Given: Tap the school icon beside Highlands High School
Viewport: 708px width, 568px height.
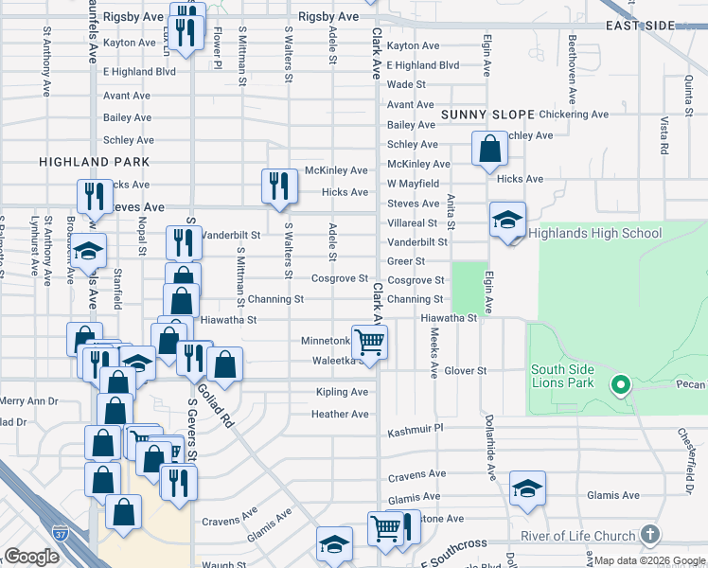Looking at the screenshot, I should pyautogui.click(x=507, y=221).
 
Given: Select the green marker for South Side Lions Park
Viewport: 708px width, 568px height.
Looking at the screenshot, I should pyautogui.click(x=620, y=384).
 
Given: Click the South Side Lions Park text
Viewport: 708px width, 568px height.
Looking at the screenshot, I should pyautogui.click(x=562, y=376).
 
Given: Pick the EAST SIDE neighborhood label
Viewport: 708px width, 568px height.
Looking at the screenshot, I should pyautogui.click(x=667, y=25).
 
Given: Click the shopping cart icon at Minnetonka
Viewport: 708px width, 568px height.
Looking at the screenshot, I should pyautogui.click(x=369, y=341).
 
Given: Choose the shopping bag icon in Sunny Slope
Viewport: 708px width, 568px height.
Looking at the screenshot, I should pyautogui.click(x=489, y=148).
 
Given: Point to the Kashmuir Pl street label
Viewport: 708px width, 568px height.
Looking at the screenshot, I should pyautogui.click(x=415, y=430).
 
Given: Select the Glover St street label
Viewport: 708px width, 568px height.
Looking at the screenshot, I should pyautogui.click(x=465, y=370).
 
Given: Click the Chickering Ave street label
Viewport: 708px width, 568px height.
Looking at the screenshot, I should pyautogui.click(x=575, y=115).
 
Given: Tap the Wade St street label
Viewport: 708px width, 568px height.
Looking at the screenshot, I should pyautogui.click(x=406, y=84).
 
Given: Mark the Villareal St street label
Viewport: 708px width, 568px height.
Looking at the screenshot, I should pyautogui.click(x=412, y=223).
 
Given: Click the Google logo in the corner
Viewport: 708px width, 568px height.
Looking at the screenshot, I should pyautogui.click(x=32, y=557).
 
